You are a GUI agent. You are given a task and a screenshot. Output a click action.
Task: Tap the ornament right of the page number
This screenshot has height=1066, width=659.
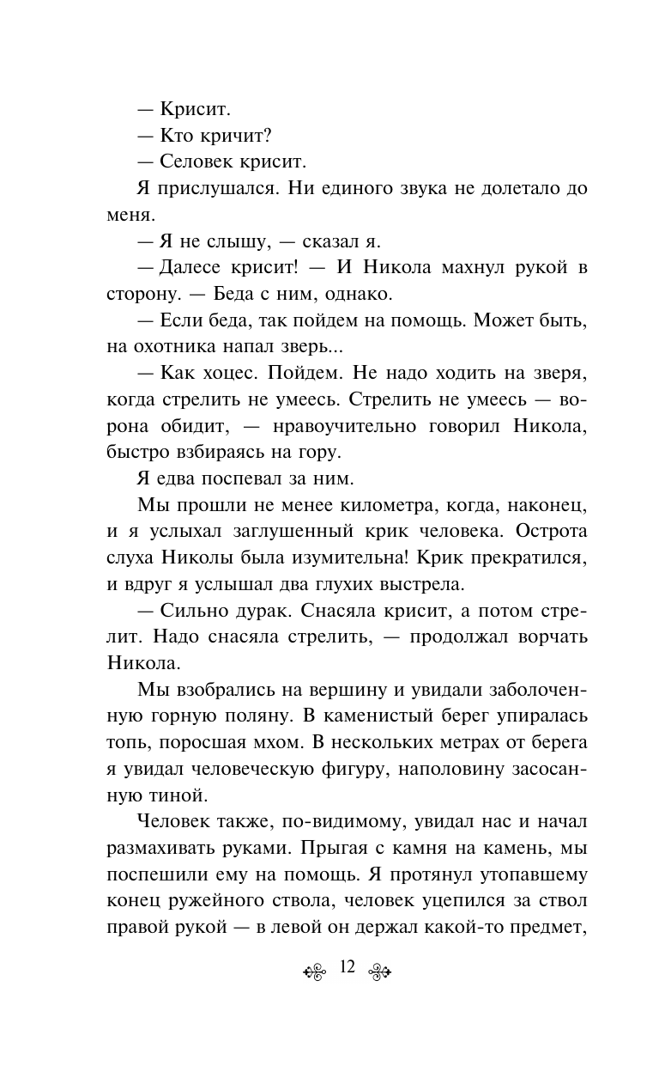pos(378,971)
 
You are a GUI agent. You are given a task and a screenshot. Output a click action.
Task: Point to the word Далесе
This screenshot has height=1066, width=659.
pos(196,267)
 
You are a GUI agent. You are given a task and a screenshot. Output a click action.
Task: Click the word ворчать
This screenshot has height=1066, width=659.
pos(548,640)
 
